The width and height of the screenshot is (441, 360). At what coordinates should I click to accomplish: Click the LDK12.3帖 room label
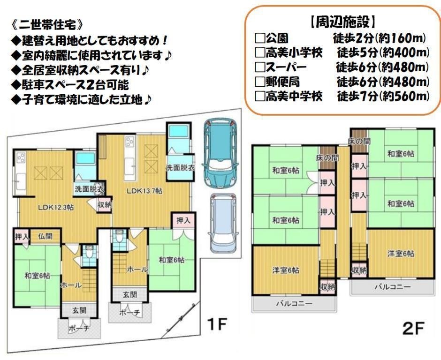click(56, 208)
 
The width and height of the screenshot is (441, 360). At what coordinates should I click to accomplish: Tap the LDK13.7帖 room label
click(144, 191)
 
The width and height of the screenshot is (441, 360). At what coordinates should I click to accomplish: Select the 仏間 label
click(46, 236)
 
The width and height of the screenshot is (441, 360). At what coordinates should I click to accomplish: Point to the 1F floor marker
click(216, 324)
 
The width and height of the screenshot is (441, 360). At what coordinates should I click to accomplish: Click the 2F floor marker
click(413, 328)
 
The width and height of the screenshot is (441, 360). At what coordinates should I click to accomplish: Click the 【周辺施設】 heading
click(343, 22)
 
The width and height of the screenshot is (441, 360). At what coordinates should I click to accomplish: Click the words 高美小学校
click(294, 52)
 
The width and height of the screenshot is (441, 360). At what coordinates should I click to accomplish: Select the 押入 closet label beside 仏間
click(22, 236)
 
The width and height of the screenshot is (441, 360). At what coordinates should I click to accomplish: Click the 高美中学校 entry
click(294, 97)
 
